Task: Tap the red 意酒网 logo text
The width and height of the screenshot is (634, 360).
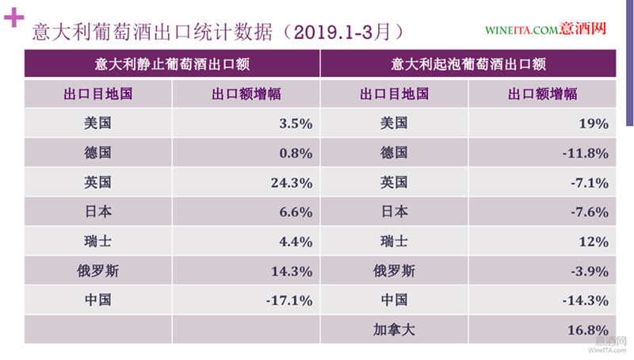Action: (583, 30)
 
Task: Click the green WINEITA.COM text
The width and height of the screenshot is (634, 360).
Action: (522, 31)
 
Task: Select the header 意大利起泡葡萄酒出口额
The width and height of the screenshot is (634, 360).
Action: (468, 63)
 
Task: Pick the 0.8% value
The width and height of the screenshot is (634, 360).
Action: (296, 152)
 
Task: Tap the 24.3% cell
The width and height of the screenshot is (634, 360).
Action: (292, 182)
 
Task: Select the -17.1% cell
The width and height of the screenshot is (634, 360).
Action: (290, 300)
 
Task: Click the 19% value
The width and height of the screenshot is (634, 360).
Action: (593, 123)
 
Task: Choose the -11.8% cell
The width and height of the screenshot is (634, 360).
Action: (586, 152)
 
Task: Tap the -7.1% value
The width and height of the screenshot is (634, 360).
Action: (590, 182)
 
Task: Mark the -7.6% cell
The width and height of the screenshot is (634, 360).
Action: (590, 212)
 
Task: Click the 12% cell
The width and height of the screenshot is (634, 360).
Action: (593, 241)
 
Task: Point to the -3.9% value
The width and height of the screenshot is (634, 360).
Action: (590, 270)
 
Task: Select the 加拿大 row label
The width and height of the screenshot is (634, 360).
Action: (394, 329)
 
